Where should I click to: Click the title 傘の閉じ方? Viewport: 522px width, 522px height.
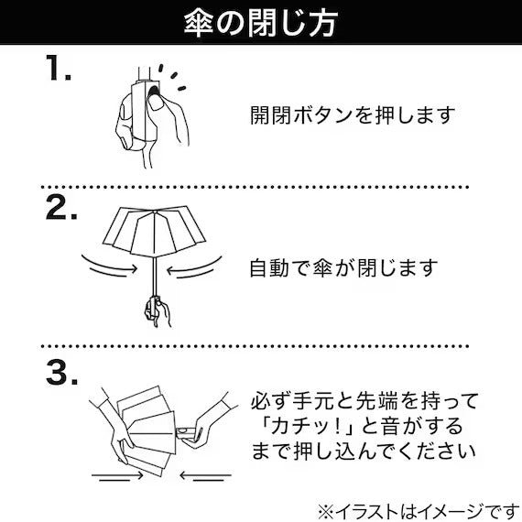pos(261,23)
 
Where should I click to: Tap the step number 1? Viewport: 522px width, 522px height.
pos(59,68)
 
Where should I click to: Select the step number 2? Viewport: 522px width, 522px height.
pos(61,207)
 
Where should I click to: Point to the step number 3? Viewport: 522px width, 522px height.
pos(61,373)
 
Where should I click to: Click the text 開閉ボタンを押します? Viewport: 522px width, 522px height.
pos(353,115)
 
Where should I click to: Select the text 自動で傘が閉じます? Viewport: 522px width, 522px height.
pos(343,268)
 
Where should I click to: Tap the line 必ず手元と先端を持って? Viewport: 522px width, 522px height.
pos(364,401)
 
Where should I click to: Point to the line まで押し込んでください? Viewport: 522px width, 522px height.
pos(364,452)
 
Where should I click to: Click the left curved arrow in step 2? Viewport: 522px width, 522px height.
pos(109,266)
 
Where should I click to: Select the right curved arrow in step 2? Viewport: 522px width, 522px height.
pos(194,266)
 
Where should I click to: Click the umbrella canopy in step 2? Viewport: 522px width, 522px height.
pos(154,231)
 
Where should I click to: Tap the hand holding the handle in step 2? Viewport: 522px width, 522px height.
pos(158,311)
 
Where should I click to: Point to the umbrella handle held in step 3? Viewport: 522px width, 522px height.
pos(186,433)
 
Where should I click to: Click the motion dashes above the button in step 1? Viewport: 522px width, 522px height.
pos(172,77)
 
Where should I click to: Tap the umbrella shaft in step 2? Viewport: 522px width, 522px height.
pos(155,276)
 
